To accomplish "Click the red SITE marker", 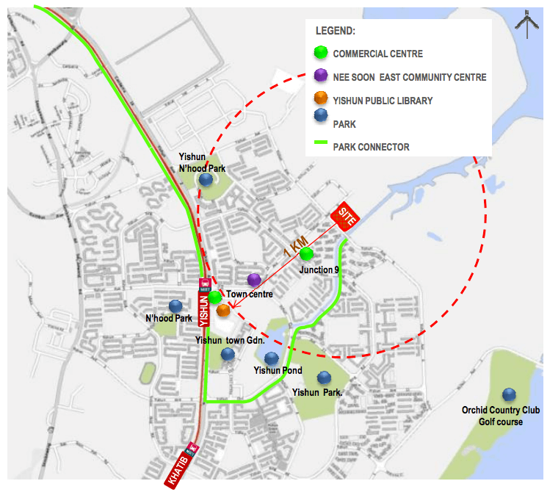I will [x=347, y=217].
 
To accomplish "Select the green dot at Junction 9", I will [x=307, y=254].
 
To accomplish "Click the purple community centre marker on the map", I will [x=254, y=280].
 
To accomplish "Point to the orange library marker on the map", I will [x=223, y=311].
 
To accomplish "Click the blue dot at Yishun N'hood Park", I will [x=206, y=179].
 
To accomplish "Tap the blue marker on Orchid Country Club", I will [x=507, y=395].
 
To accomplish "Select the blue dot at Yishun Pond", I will [x=272, y=358].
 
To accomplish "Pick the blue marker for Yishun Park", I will [x=324, y=377].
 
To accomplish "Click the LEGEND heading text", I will [x=335, y=31].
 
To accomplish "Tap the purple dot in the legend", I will [x=320, y=76].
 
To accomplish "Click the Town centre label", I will [x=250, y=294].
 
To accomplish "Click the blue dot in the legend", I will [x=320, y=124].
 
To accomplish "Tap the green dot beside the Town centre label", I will [x=214, y=297].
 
